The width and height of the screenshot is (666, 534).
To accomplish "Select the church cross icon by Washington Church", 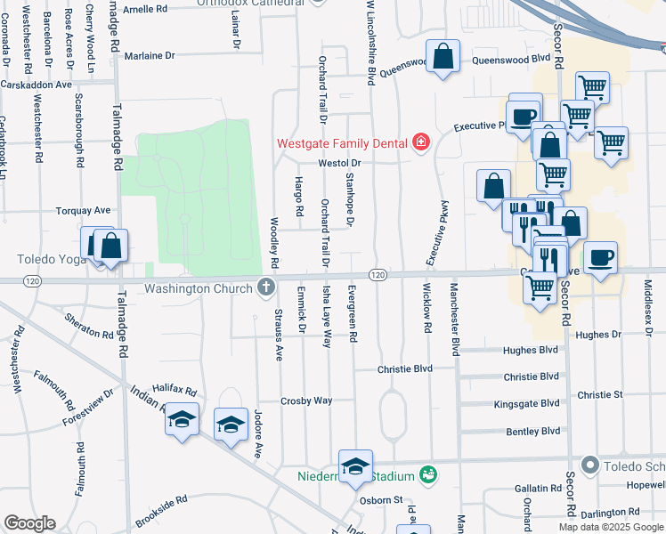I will pos(264,287).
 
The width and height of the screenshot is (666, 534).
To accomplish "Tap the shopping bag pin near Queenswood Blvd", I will pos(443,58).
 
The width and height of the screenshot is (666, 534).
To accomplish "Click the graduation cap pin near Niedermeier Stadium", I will pos(355,467).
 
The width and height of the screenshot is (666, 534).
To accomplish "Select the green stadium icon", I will pos(429,473).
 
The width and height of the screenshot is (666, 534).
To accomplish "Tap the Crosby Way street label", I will pos(306,400).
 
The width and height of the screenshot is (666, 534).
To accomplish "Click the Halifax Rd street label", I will pos(173,391).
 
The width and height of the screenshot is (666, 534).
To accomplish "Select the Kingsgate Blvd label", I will pos(527,404).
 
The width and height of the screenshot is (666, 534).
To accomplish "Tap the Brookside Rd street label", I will pos(161,513).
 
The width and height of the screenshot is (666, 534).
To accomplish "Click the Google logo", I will pos(30,523).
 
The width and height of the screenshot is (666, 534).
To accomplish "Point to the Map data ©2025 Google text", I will pos(610,527).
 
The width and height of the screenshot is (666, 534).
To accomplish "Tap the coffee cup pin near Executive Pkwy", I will pos(524,112).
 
